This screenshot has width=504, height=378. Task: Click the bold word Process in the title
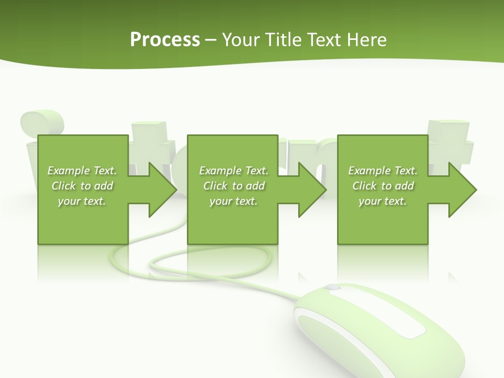click(165, 40)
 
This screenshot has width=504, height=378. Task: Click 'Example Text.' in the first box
click(82, 171)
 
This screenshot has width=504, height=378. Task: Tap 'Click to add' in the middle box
click(234, 186)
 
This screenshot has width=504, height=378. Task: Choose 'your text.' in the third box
click(382, 201)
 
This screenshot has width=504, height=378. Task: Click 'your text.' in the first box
click(82, 201)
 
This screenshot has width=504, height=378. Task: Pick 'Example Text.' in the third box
click(383, 171)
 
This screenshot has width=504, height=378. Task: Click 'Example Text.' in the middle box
click(234, 171)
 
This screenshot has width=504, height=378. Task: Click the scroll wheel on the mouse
click(332, 288)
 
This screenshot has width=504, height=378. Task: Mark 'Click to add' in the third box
click(383, 186)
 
